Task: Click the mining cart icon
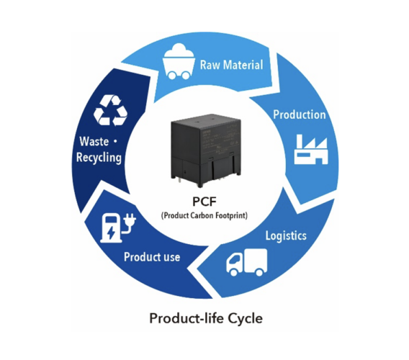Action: coord(179,61)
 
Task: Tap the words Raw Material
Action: coord(231,65)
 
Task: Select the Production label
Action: coord(300,114)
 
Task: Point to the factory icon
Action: coord(310,149)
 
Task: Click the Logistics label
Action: coord(286,236)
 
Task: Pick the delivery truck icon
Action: coord(247,262)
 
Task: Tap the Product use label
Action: coord(152,257)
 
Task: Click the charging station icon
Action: coord(118,228)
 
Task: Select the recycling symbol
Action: coord(110,110)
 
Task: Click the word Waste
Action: coord(94,141)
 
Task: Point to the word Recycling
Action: coord(99,158)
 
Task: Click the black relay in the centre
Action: coord(206,150)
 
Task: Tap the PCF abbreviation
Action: coord(204,202)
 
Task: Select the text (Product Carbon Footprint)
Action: coord(204,216)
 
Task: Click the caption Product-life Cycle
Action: coord(206,318)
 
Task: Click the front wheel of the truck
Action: coord(233,272)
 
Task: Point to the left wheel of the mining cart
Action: coord(172,75)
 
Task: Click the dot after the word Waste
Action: coord(115,141)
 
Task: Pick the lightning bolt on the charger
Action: coord(112,233)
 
